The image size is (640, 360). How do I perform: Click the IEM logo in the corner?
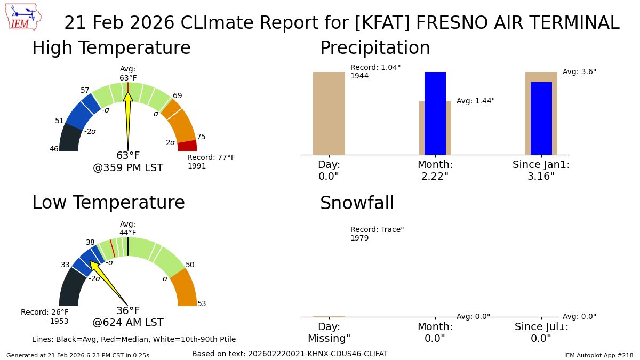pyautogui.click(x=23, y=17)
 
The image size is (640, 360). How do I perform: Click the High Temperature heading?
pyautogui.click(x=111, y=49)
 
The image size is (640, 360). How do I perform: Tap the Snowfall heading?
pyautogui.click(x=357, y=204)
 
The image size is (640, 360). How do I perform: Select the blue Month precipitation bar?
pyautogui.click(x=435, y=113)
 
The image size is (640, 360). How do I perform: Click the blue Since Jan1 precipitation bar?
pyautogui.click(x=541, y=118)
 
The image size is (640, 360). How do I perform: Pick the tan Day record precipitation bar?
pyautogui.click(x=329, y=113)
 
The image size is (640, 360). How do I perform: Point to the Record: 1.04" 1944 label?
pyautogui.click(x=375, y=72)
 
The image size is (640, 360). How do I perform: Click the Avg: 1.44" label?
pyautogui.click(x=475, y=101)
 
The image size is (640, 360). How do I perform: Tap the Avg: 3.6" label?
pyautogui.click(x=579, y=72)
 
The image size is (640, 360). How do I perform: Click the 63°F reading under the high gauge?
pyautogui.click(x=128, y=156)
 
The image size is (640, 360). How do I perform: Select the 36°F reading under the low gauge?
pyautogui.click(x=128, y=311)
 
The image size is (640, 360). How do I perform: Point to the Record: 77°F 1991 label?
pyautogui.click(x=211, y=162)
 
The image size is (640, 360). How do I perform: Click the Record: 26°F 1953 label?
pyautogui.click(x=45, y=317)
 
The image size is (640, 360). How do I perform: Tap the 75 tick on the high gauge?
pyautogui.click(x=201, y=137)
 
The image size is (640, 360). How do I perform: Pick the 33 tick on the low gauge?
pyautogui.click(x=65, y=265)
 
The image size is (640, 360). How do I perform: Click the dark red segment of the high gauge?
pyautogui.click(x=187, y=146)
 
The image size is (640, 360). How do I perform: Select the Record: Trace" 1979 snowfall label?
pyautogui.click(x=377, y=234)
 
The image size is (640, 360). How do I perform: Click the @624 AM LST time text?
pyautogui.click(x=128, y=323)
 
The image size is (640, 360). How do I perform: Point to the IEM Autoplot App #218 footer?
pyautogui.click(x=598, y=355)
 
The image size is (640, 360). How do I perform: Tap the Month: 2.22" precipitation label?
pyautogui.click(x=435, y=171)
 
